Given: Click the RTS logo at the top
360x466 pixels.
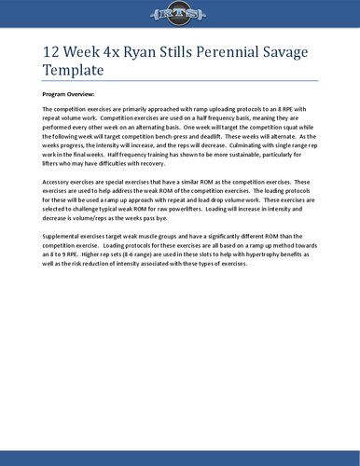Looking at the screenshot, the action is [179, 13].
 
